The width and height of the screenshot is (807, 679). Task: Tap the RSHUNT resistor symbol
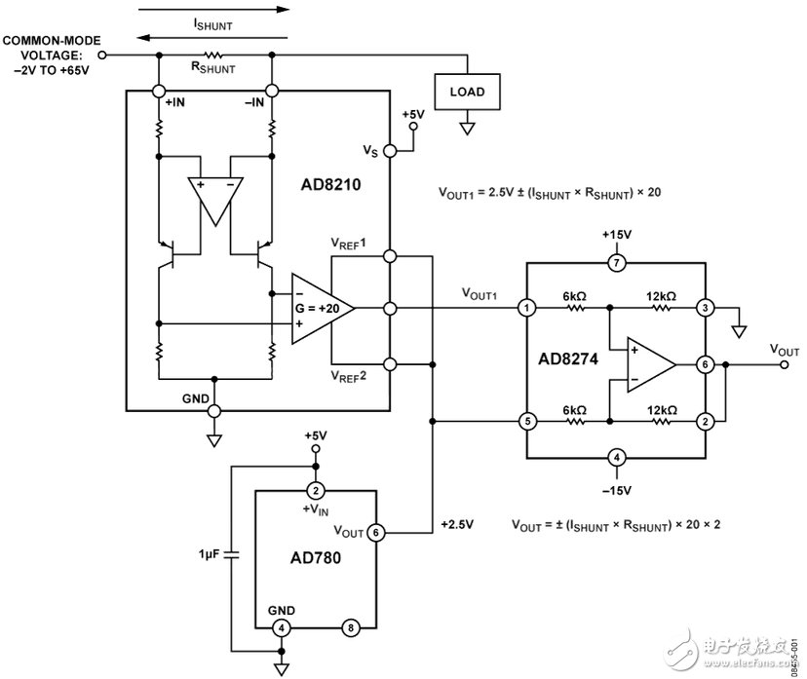pyautogui.click(x=213, y=56)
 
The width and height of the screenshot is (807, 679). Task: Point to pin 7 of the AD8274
pyautogui.click(x=615, y=263)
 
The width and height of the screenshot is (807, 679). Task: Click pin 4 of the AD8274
pyautogui.click(x=615, y=457)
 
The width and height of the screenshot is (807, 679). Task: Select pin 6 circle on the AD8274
pyautogui.click(x=704, y=364)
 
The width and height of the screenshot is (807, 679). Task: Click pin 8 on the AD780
pyautogui.click(x=350, y=627)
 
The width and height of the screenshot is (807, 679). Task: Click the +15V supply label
pyautogui.click(x=615, y=236)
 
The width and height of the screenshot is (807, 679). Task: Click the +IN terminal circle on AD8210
pyautogui.click(x=157, y=91)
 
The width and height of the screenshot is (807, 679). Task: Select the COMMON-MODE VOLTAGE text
pyautogui.click(x=50, y=53)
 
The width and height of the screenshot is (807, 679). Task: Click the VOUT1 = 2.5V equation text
pyautogui.click(x=550, y=192)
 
